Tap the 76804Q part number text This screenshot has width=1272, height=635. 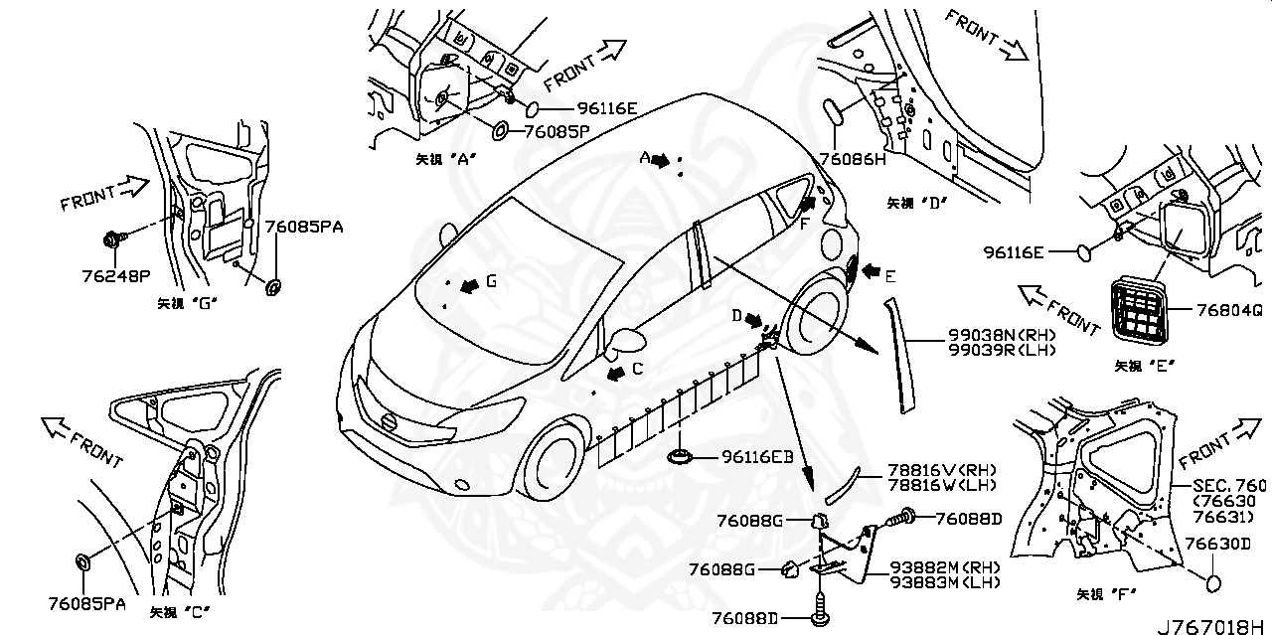[x=1218, y=309]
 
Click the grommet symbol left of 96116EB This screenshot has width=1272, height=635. [x=680, y=457]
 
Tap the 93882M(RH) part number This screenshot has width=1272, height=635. [x=945, y=567]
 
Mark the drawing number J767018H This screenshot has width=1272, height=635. [x=1211, y=626]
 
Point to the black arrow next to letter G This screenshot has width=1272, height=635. [x=465, y=282]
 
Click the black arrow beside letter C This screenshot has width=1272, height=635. [x=616, y=371]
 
